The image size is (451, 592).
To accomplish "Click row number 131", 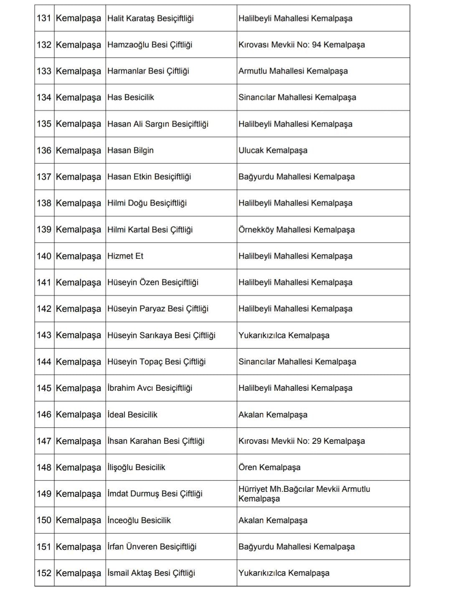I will [44, 18].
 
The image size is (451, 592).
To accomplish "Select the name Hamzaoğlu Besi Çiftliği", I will [149, 45].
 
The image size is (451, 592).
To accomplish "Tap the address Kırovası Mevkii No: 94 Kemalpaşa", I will [302, 45].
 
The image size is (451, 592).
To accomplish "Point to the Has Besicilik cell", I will [131, 97].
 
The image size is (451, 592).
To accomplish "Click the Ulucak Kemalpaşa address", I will [273, 150].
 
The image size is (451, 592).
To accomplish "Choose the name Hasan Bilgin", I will [130, 150].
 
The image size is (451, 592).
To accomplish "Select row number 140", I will [44, 256].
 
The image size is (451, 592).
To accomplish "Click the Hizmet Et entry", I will [125, 256].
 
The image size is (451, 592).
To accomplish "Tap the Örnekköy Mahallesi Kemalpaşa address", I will [296, 230].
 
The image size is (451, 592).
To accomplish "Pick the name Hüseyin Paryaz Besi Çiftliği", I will [158, 309].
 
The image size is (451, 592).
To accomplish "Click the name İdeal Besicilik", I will [132, 415].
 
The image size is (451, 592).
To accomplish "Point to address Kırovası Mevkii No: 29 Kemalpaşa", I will [302, 441].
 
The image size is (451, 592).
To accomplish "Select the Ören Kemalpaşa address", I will [269, 467].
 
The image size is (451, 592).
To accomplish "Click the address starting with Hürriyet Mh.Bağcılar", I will [304, 493].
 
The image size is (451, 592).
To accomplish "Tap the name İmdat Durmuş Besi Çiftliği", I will [155, 493].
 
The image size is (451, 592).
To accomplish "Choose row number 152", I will [44, 573].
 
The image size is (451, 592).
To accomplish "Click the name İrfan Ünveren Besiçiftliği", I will [152, 546].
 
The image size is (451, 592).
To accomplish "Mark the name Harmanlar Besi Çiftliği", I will [148, 71].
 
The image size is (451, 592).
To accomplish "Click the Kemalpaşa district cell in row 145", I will [79, 388].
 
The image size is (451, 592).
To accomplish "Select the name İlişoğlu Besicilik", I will [136, 467].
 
